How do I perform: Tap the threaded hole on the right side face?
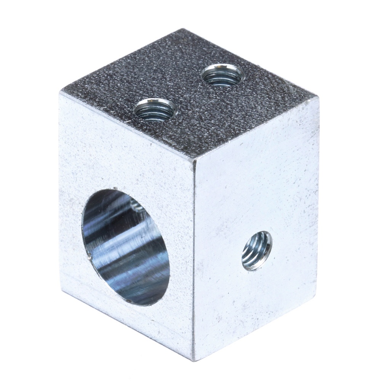[x=257, y=251]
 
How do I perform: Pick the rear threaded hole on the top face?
[x=222, y=75]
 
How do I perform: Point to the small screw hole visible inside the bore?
[x=136, y=206]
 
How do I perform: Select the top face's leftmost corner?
[x=61, y=92]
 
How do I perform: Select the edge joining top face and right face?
[x=255, y=128]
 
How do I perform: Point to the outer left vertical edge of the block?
[x=61, y=190]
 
